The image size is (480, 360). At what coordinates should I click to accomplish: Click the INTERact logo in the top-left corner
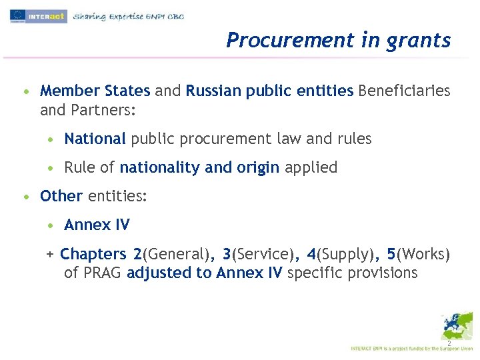[39, 16]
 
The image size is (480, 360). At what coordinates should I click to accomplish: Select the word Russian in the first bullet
[214, 91]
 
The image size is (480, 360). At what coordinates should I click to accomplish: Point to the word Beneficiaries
[404, 91]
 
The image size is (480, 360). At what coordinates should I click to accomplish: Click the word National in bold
[95, 139]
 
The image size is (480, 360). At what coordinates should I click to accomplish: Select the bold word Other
[61, 196]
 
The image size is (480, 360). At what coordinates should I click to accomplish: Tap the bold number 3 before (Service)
[227, 254]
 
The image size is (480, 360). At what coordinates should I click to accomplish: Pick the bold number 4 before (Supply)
[311, 254]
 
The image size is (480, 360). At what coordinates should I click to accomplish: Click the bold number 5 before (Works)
[391, 254]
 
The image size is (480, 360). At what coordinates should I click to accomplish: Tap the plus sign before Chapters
[49, 254]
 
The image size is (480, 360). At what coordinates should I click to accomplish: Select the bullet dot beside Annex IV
[51, 225]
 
